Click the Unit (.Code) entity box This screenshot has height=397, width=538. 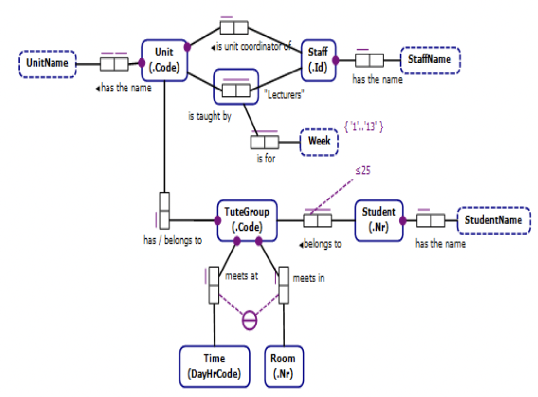pos(164,60)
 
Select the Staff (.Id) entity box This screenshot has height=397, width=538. pos(319,60)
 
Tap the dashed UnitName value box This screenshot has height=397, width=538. pos(47,64)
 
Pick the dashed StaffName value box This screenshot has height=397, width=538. pos(430,60)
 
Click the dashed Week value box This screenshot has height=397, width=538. pos(319,142)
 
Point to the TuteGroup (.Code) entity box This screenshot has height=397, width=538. pos(247,220)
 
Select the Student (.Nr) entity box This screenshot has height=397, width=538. pos(379,220)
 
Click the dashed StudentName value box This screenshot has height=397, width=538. pos(493,220)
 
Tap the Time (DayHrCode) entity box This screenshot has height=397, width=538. pos(214,366)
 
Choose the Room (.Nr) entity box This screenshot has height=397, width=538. pos(284,366)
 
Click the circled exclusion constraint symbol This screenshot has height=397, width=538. pos(249,321)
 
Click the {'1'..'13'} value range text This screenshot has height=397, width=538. pos(364,127)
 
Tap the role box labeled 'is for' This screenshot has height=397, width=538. pos(264,142)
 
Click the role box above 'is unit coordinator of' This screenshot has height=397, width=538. pos(233,27)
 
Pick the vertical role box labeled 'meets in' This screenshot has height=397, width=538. pos(284,285)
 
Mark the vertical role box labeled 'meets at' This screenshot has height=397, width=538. pos(214,285)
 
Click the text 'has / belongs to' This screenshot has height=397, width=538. pos(172,240)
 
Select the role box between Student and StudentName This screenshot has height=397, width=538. pos(430,220)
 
